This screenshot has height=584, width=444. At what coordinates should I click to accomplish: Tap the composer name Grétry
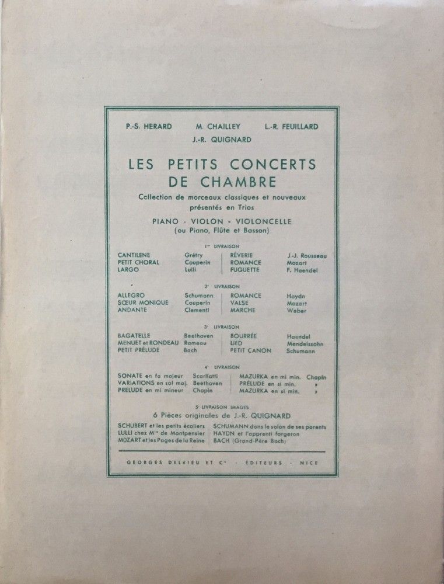(193, 255)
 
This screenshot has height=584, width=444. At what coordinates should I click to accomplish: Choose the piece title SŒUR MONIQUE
(143, 303)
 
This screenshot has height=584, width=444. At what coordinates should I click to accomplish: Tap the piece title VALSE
(240, 303)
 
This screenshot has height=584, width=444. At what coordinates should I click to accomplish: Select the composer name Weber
(296, 311)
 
